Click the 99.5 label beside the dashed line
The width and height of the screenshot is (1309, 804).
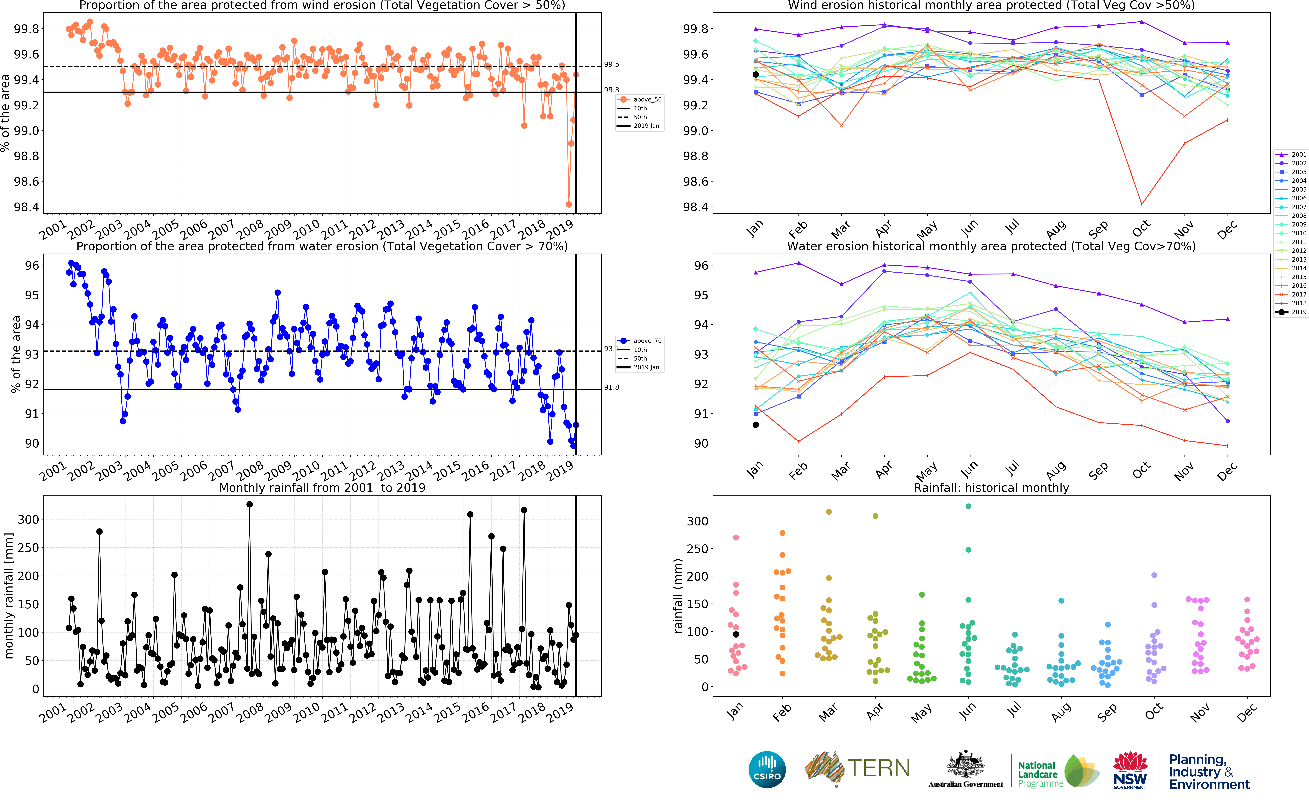611,64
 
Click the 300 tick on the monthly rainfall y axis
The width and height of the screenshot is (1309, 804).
28,519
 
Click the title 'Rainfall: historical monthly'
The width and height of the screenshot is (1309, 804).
991,488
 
